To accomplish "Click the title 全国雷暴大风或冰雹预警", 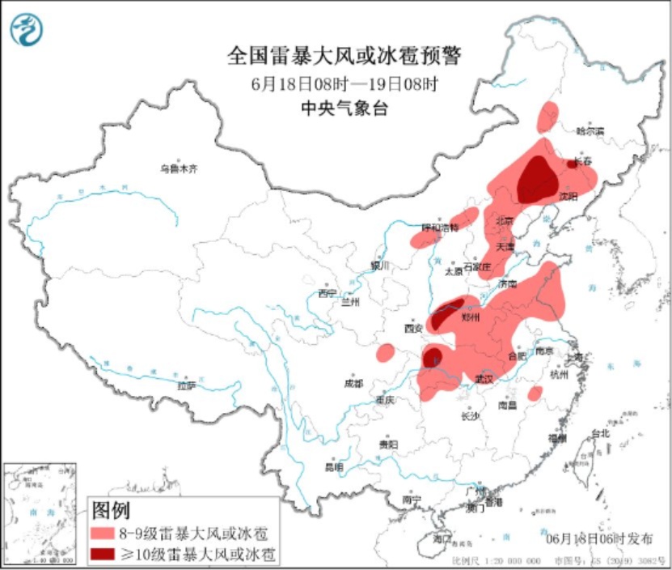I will pos(344,56).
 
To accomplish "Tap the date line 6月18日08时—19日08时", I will pos(344,83).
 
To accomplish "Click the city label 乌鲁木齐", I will pos(178,168).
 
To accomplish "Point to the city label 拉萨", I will pos(187,386).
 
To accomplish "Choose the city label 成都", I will pos(353,382).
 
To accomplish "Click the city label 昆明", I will pos(334,467).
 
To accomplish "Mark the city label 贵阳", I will pos(388,444).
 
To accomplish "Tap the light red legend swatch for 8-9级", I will pos(104,534).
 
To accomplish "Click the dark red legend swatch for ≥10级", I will pos(104,555).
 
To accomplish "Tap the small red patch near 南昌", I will pos(535,393).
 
